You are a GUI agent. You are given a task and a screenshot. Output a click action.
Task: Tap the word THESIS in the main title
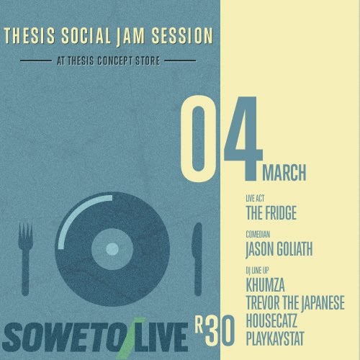(30, 36)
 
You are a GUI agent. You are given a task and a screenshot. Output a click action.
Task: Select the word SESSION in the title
(182, 36)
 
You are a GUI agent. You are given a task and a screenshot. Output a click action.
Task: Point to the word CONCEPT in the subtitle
(114, 60)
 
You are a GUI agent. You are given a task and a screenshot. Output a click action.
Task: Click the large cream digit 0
(198, 138)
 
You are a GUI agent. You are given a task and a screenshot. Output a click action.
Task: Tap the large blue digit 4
(243, 138)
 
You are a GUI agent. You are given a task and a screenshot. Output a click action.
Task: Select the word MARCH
(284, 172)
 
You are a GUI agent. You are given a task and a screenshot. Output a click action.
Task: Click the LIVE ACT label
(255, 199)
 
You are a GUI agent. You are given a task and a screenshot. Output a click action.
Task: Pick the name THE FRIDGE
(271, 212)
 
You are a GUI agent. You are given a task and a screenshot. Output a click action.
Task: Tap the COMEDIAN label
(258, 234)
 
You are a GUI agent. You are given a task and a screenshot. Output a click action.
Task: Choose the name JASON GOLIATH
(279, 249)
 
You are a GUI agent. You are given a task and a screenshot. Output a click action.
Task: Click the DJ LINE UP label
(257, 271)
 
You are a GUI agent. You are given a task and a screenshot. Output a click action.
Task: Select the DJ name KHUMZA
(265, 285)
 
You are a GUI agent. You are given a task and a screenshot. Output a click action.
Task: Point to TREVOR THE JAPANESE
(295, 302)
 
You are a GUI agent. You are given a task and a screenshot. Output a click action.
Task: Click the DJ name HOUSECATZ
(271, 320)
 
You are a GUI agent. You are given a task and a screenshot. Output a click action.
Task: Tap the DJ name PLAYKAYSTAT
(275, 338)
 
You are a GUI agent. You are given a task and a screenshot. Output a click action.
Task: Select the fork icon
(25, 259)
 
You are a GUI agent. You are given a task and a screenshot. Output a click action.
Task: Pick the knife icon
(197, 259)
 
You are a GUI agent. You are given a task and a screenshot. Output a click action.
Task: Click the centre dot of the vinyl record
(112, 249)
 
